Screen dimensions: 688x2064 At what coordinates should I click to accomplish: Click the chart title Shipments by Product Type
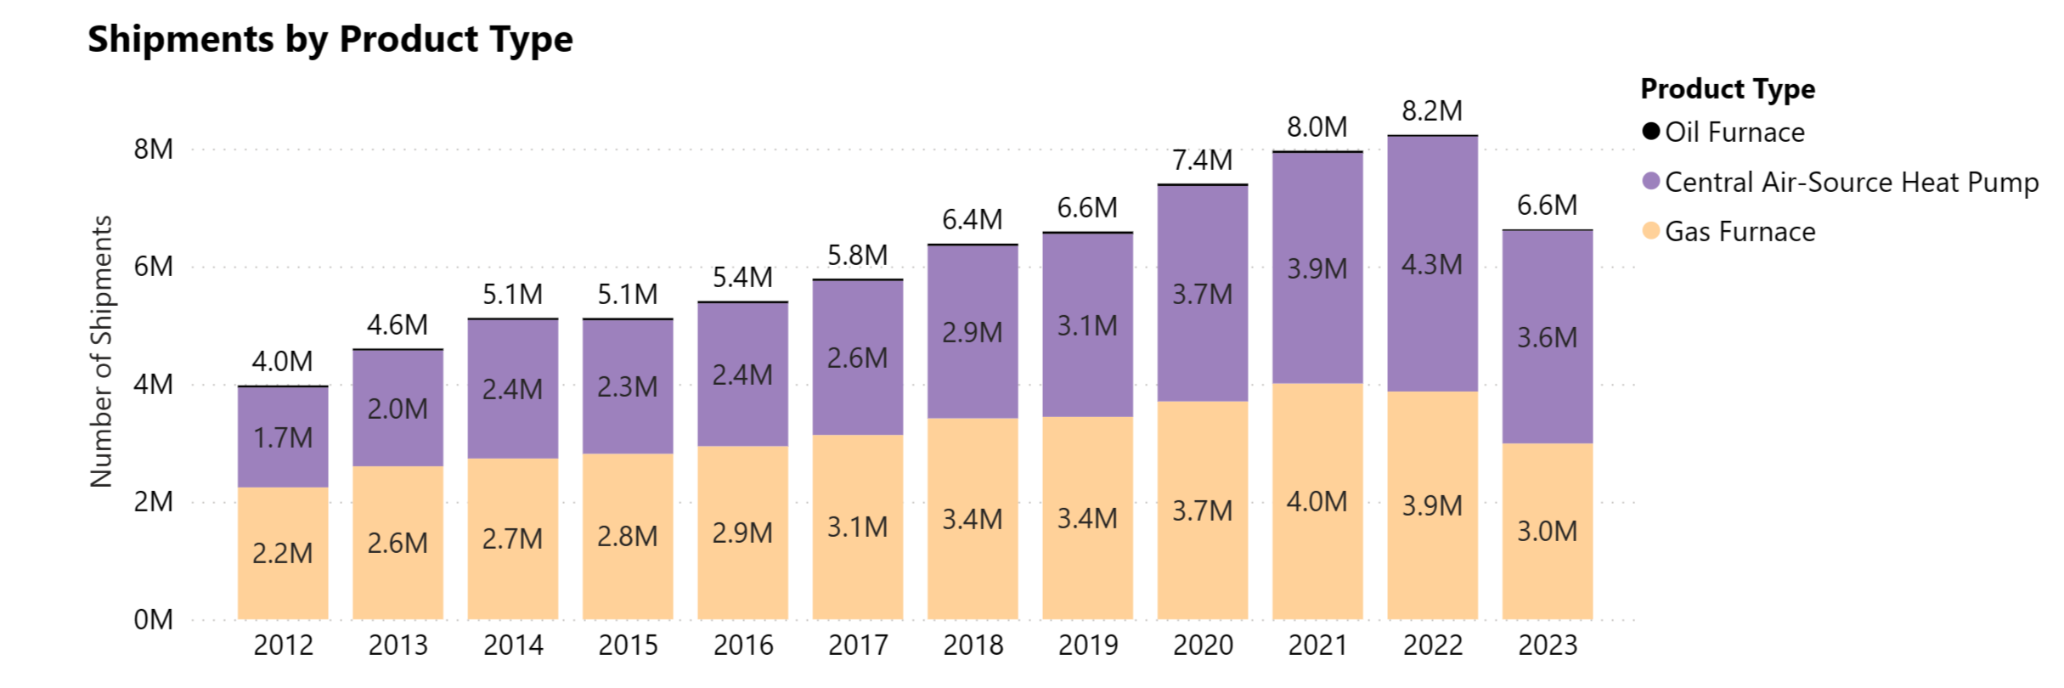(x=330, y=40)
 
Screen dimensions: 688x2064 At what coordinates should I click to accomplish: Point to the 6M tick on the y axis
(x=153, y=267)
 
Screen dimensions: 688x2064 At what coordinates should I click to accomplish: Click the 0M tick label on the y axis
(x=153, y=620)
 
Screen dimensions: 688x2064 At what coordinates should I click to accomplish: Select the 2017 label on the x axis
(x=858, y=646)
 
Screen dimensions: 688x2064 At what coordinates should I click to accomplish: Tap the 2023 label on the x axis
(x=1548, y=646)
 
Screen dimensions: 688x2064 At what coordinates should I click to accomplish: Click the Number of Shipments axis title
(x=101, y=352)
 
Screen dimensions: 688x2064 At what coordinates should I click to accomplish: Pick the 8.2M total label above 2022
(x=1432, y=111)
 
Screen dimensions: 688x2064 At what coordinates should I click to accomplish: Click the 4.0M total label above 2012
(x=282, y=362)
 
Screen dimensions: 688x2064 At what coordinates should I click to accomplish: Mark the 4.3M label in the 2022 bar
(x=1432, y=265)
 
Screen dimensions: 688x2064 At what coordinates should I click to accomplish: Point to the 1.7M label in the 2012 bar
(x=283, y=438)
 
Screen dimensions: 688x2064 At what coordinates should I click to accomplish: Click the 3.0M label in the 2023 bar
(x=1548, y=532)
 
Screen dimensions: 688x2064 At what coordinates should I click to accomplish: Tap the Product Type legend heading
(x=1728, y=89)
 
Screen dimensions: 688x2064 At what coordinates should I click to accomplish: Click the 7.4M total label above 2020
(x=1203, y=161)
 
